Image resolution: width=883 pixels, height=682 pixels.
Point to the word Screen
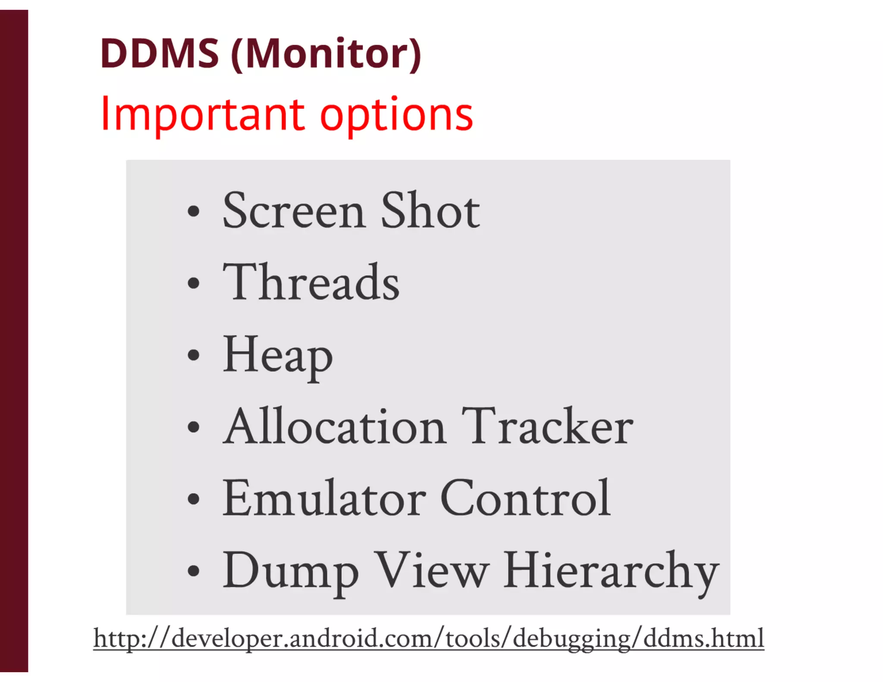coord(294,211)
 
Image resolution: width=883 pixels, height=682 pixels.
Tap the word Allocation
coord(335,427)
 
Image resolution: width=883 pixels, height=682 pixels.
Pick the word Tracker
coord(547,427)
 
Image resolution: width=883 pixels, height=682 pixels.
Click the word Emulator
coord(324,498)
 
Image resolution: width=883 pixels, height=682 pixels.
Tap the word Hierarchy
coord(611,571)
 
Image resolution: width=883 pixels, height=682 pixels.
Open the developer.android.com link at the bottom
coord(429,638)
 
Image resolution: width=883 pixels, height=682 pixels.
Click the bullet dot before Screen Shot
coord(194,212)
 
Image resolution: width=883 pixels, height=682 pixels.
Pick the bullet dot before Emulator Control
coord(194,499)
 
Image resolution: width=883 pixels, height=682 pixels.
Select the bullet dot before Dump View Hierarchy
coord(194,571)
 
